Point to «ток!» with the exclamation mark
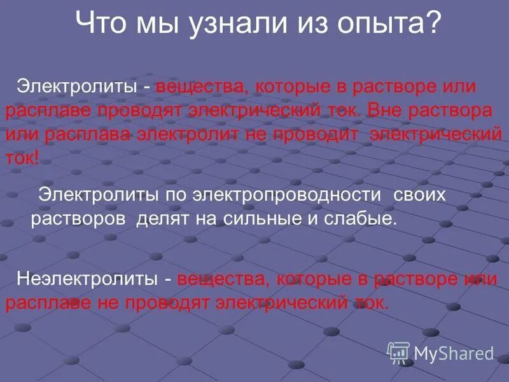[22, 159]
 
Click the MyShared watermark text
[454, 353]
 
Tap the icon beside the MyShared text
[399, 352]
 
